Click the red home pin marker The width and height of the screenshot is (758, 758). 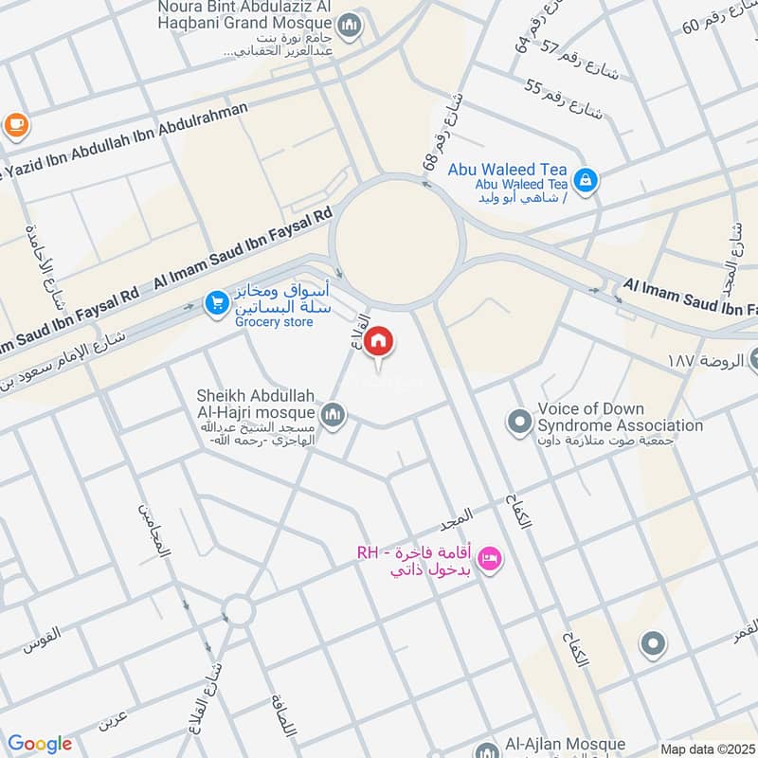[x=379, y=342]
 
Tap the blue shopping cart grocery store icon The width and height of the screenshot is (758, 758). [x=216, y=303]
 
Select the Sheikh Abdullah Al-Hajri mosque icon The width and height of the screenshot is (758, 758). [x=333, y=414]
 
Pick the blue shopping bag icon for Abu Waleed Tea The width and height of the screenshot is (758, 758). [x=587, y=177]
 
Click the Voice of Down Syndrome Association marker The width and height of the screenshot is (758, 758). [x=519, y=419]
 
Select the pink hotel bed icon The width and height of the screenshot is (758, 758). [x=489, y=557]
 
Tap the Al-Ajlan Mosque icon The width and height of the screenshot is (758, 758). [x=488, y=749]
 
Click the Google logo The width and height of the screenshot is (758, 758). [x=40, y=744]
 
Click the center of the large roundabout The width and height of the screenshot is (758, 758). [x=397, y=242]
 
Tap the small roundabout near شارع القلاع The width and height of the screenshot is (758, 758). [x=238, y=609]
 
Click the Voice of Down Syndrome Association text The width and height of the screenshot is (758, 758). [x=620, y=418]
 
